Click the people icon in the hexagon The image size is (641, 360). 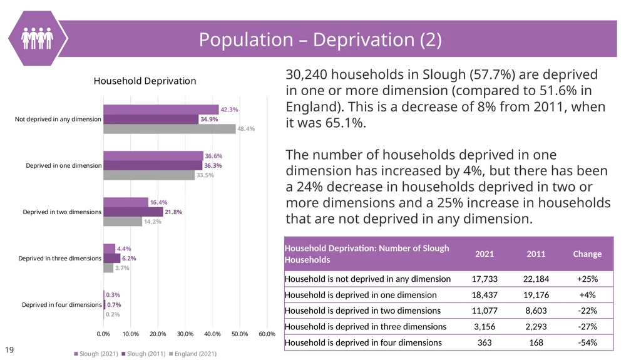[x=37, y=38]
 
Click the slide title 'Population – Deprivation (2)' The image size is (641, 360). [x=320, y=39]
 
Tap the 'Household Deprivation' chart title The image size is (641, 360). [x=145, y=81]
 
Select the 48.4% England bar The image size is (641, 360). [x=170, y=129]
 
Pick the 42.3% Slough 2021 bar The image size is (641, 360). [x=161, y=109]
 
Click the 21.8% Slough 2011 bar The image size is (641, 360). [x=133, y=212]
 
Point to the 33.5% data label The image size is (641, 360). [x=205, y=175]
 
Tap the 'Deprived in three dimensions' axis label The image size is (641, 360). [x=59, y=258]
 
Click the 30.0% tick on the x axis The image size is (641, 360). [x=185, y=334]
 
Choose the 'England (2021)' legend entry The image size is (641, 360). [x=193, y=354]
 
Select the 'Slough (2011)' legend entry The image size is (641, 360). [x=143, y=354]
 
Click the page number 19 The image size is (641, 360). [x=9, y=349]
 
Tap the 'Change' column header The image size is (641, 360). [x=587, y=254]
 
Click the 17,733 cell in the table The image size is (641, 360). [x=485, y=279]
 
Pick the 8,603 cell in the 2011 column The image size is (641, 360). [x=536, y=311]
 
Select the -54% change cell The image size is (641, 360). [x=587, y=342]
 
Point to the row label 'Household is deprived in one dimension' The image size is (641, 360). [x=361, y=295]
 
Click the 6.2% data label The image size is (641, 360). [x=129, y=258]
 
